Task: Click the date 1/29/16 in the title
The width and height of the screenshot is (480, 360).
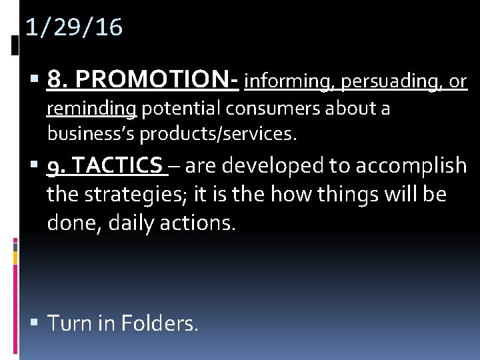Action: (74, 28)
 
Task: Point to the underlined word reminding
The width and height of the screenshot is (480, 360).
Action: (91, 109)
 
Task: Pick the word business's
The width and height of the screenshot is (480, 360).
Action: (91, 134)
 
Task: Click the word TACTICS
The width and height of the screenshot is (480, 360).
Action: (117, 165)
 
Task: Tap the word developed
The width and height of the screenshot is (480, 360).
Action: (277, 165)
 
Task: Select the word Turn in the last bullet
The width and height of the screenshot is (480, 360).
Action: (69, 324)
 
